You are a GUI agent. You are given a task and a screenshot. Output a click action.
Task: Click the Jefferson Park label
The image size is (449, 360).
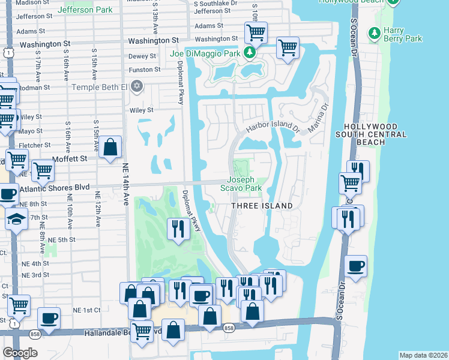tap(85, 10)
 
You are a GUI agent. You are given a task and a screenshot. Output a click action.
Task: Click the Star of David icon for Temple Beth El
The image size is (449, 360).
tap(137, 87)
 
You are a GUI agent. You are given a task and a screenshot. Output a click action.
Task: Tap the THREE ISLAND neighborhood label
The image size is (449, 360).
tap(262, 206)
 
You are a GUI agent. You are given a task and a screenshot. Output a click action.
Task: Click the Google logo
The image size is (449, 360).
tap(20, 353)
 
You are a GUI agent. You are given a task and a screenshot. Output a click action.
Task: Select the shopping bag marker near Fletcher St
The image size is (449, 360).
tap(110, 147)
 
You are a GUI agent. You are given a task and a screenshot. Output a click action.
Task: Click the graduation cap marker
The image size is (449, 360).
tap(17, 219)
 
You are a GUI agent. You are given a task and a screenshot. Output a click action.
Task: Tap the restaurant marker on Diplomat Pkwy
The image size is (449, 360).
tap(178, 229)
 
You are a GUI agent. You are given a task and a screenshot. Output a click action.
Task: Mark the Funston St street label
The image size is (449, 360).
tap(145, 70)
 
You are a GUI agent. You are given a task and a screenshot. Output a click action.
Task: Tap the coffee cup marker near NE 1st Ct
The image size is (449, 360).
tap(49, 317)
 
